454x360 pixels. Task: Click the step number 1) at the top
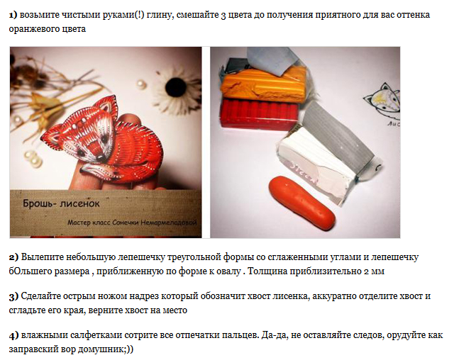coord(13,15)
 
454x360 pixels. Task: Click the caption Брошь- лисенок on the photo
coord(61,203)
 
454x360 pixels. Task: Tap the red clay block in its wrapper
coord(260,114)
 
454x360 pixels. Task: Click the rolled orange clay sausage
coord(301,203)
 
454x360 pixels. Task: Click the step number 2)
coord(13,257)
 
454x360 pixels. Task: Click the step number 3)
coord(13,296)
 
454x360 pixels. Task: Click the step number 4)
coord(13,335)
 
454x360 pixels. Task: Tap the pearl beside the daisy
coord(141,84)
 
